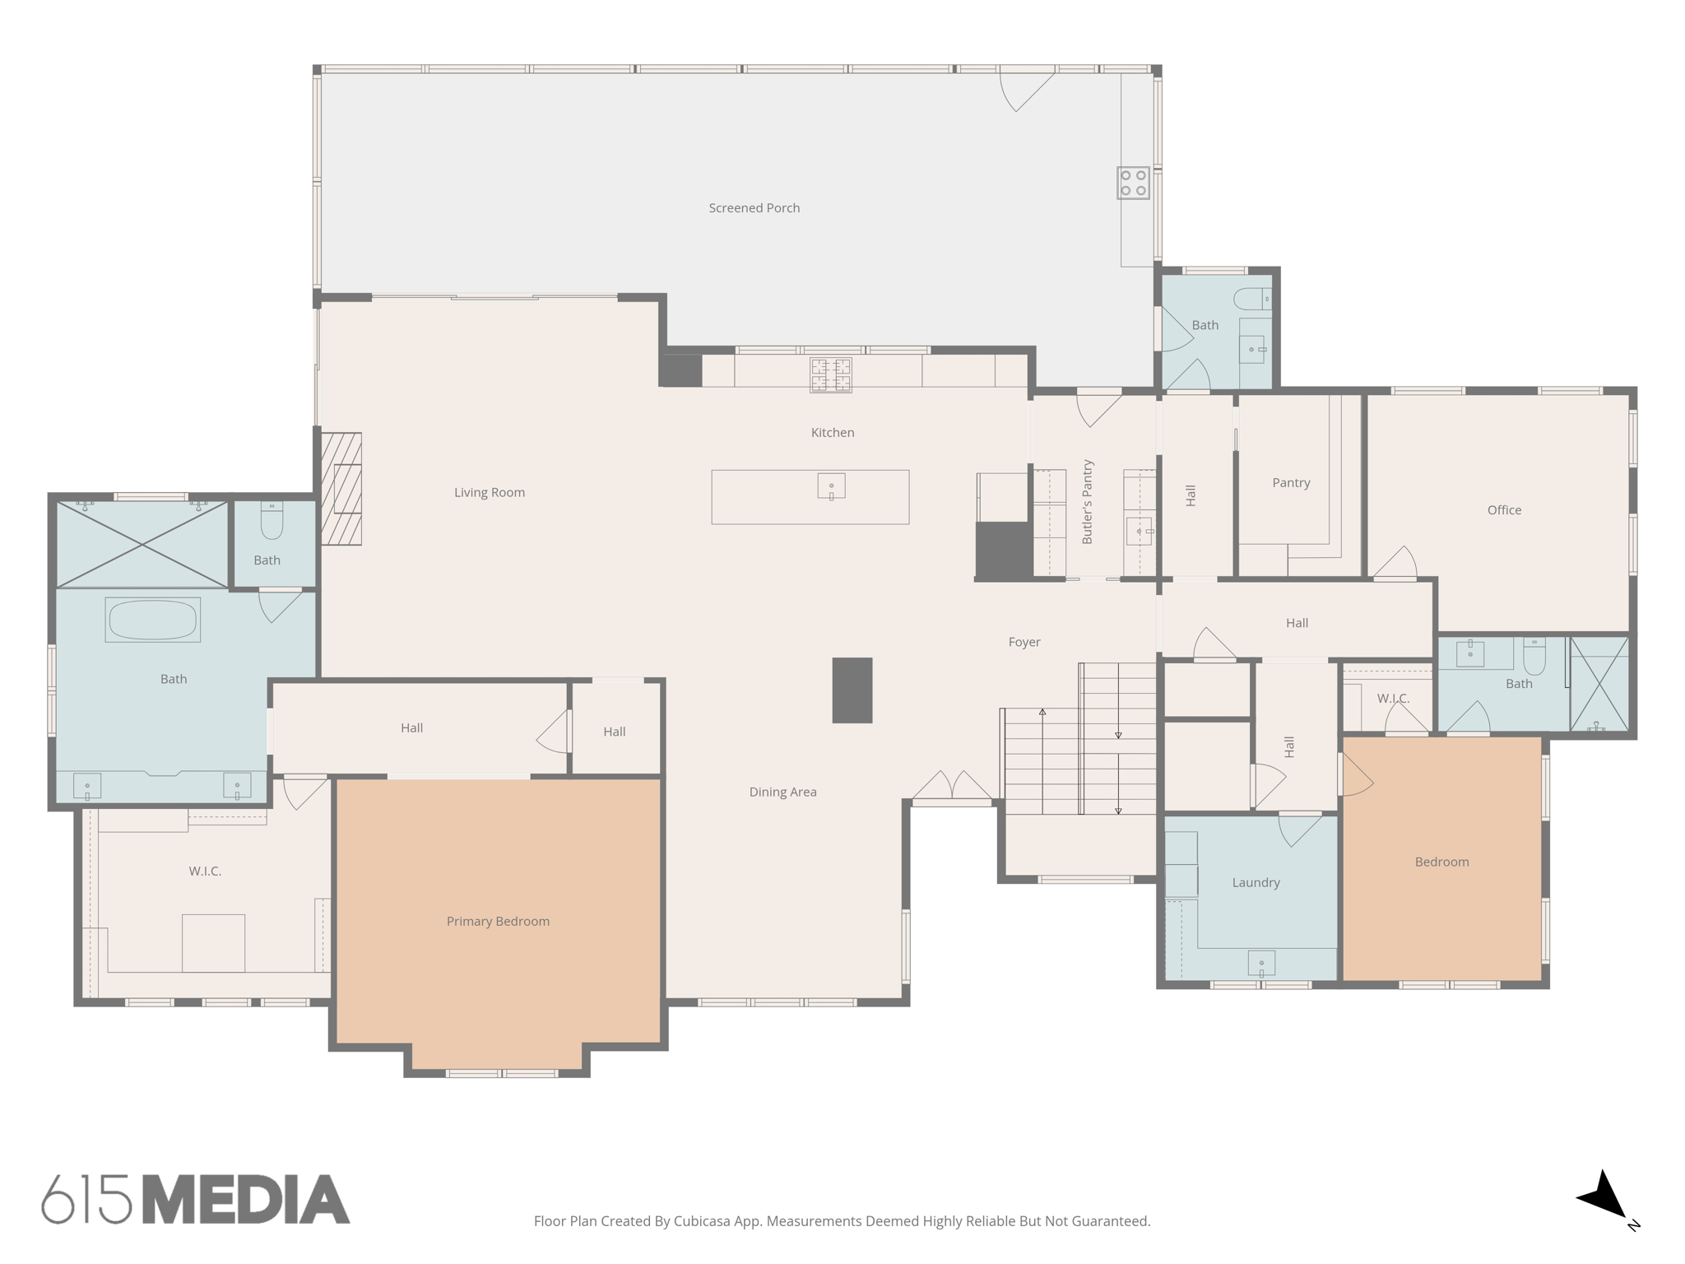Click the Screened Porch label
tap(754, 208)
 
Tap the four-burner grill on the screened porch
tap(1133, 183)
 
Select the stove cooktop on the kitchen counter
tap(830, 375)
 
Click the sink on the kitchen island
tap(831, 486)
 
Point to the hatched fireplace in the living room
tap(341, 489)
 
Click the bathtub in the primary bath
tap(153, 620)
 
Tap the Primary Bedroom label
tap(498, 921)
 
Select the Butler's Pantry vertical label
tap(1088, 502)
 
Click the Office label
tap(1504, 510)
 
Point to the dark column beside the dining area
tap(852, 690)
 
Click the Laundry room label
tap(1256, 882)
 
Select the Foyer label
tap(1024, 642)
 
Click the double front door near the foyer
tap(952, 788)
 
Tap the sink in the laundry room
tap(1261, 963)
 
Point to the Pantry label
tap(1291, 483)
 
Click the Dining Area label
tap(782, 792)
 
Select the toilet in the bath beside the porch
tap(1252, 298)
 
